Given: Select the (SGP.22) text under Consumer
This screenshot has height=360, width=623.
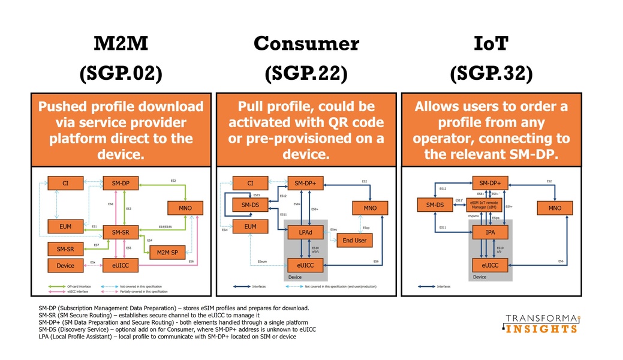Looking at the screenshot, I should coord(306,73).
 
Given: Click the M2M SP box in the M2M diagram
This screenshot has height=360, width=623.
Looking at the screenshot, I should coord(167,253).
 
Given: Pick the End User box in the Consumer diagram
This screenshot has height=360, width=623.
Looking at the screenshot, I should coord(354,241).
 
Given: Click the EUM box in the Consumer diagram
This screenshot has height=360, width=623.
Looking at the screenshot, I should coord(250,226).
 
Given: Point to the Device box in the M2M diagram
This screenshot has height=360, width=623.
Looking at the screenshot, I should coord(65,265).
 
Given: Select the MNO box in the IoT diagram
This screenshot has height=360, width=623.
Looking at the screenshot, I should coord(555,208).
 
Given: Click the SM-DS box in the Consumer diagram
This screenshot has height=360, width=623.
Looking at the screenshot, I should coord(250,205).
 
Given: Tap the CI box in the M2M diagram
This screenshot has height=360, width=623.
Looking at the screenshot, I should coord(65,182).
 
